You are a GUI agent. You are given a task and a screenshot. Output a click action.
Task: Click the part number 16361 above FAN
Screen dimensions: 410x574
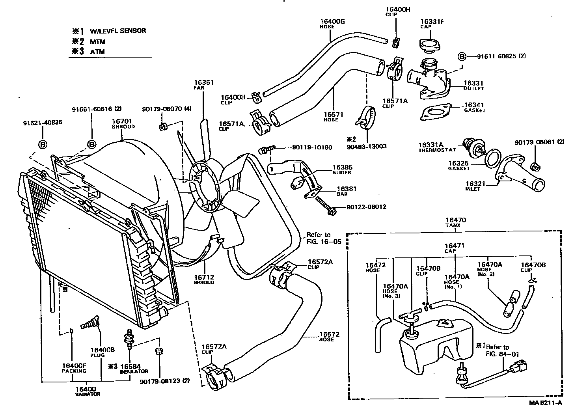(203, 83)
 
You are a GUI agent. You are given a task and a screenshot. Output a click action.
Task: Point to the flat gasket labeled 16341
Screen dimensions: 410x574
(436, 112)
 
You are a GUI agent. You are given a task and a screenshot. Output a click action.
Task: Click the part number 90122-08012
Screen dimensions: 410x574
(366, 207)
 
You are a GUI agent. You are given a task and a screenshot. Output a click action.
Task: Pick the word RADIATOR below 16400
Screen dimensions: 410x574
(88, 394)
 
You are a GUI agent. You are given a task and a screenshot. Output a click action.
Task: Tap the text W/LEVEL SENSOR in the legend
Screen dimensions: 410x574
(117, 31)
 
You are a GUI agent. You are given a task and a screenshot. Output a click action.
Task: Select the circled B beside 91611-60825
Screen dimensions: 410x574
(461, 56)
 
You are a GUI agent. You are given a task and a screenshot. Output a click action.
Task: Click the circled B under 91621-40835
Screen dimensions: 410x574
(43, 145)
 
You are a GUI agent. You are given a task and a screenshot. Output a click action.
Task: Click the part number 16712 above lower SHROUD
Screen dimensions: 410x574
(203, 277)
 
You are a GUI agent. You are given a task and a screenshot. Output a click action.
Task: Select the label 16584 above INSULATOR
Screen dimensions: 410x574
(130, 366)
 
